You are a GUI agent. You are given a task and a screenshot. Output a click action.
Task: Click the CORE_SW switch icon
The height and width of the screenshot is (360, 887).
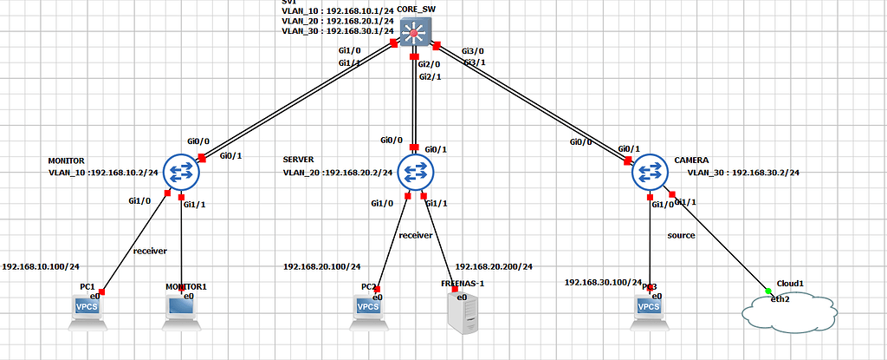pyautogui.click(x=416, y=36)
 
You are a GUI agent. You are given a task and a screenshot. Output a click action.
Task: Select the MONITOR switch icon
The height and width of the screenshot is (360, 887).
pyautogui.click(x=181, y=172)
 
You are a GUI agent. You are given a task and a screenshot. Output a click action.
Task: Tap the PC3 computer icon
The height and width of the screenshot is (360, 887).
pyautogui.click(x=648, y=311)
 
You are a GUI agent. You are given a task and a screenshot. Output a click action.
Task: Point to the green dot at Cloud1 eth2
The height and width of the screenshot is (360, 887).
pyautogui.click(x=768, y=290)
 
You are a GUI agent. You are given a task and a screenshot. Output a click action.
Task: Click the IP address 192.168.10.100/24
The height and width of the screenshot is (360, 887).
pyautogui.click(x=47, y=267)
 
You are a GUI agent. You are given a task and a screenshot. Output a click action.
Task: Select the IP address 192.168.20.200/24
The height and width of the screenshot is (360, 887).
pyautogui.click(x=494, y=267)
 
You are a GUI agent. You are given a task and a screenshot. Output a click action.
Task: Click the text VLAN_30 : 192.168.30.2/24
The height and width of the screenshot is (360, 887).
pyautogui.click(x=743, y=173)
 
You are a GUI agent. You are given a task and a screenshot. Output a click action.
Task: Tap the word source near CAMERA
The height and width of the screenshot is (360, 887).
pyautogui.click(x=681, y=235)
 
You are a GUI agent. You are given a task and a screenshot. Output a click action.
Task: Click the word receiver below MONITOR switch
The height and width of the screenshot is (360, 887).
pyautogui.click(x=149, y=251)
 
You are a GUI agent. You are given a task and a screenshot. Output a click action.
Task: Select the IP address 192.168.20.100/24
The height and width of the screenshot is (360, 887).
pyautogui.click(x=322, y=267)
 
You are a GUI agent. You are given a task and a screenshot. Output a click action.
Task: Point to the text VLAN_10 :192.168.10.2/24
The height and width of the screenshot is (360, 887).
pyautogui.click(x=103, y=173)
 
